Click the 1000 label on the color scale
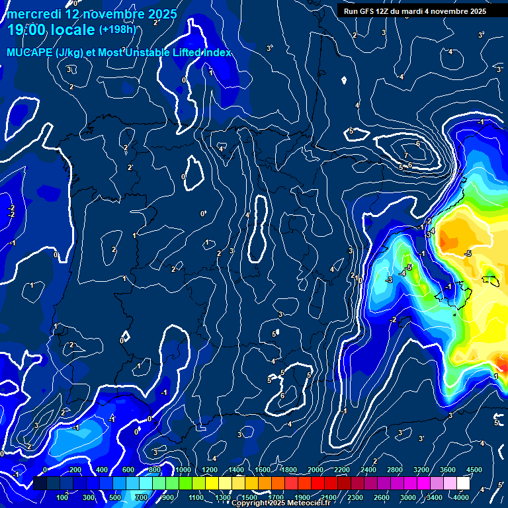(x=183, y=470)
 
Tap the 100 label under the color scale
(x=63, y=497)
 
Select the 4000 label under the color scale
(x=460, y=497)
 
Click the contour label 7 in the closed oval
(x=405, y=155)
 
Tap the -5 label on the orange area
(x=468, y=253)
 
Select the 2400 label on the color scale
(x=369, y=470)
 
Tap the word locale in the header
(x=74, y=30)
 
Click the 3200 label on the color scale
(x=422, y=470)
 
